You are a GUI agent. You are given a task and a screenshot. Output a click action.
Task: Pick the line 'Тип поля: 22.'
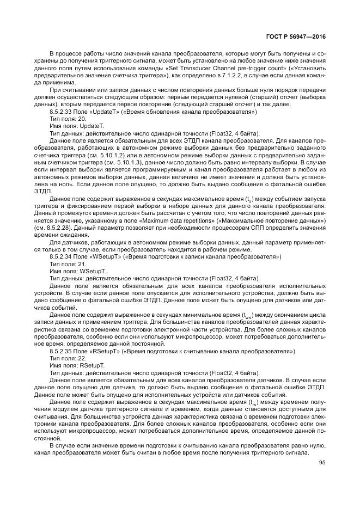(68, 358)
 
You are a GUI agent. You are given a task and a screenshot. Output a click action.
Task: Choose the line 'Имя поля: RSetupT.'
(77, 365)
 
